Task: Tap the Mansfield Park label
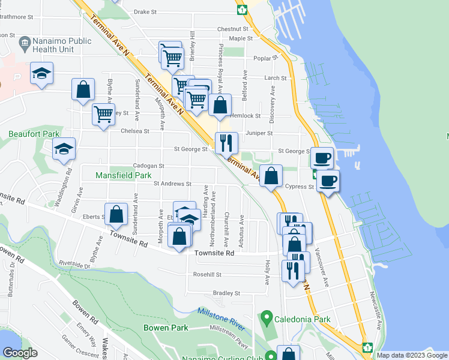(x=124, y=175)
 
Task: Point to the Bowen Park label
(x=166, y=328)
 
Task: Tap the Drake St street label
(x=145, y=11)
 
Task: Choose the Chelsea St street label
(x=134, y=131)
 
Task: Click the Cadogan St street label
(x=149, y=166)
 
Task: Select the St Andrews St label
(x=172, y=184)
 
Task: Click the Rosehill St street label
(x=207, y=275)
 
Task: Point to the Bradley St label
(x=226, y=293)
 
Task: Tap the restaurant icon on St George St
(x=226, y=143)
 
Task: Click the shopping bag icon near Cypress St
(x=271, y=176)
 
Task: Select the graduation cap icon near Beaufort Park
(x=64, y=149)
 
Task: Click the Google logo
(x=19, y=353)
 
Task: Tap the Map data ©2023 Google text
(x=412, y=355)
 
